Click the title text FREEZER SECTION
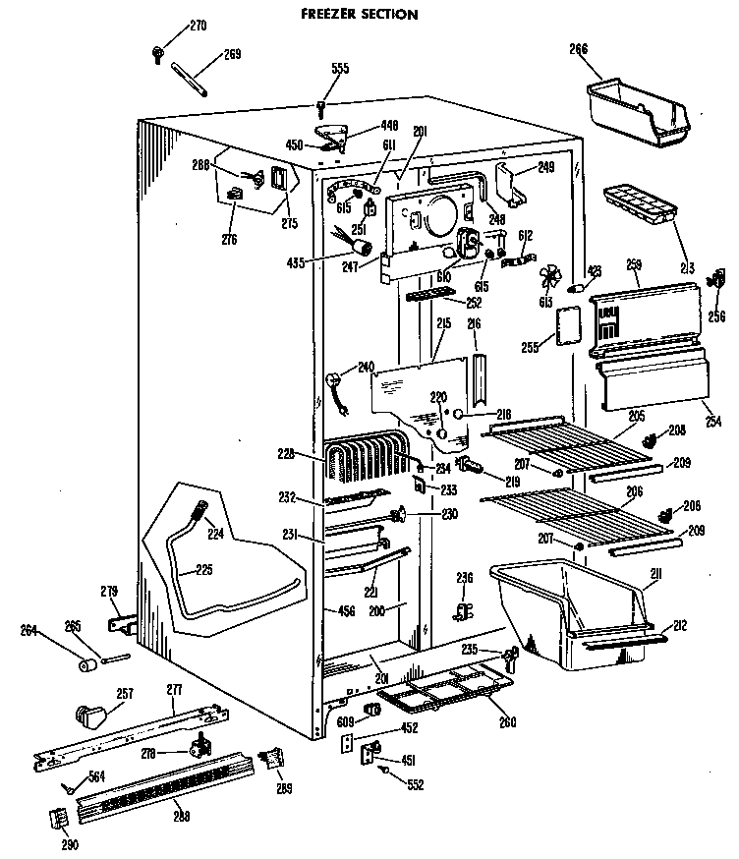pyautogui.click(x=357, y=14)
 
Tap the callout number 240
pyautogui.click(x=367, y=368)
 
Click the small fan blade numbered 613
pyautogui.click(x=551, y=276)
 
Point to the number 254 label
pyautogui.click(x=712, y=422)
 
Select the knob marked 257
pyautogui.click(x=91, y=715)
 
